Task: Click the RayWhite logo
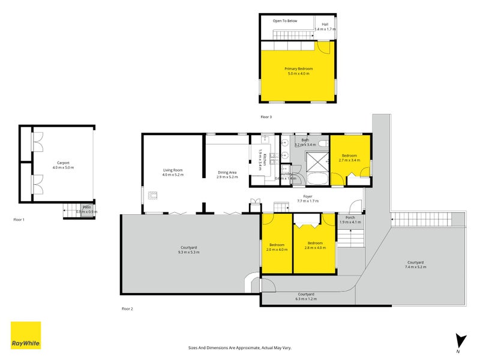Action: coord(26,335)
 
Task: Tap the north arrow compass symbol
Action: coord(460,341)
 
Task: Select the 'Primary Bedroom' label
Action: coord(298,69)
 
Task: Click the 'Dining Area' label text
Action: coord(227,173)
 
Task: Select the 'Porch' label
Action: coord(351,217)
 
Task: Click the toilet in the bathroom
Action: coord(323,143)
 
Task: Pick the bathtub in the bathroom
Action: coord(317,179)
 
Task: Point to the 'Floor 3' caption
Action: coord(266,116)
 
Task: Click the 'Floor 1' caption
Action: coord(19,220)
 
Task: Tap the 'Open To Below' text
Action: coord(285,20)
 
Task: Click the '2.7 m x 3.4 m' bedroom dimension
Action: coord(349,160)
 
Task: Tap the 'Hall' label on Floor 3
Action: coord(325,24)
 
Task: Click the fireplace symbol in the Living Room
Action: coord(153,194)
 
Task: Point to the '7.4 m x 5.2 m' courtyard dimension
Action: coord(416,266)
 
